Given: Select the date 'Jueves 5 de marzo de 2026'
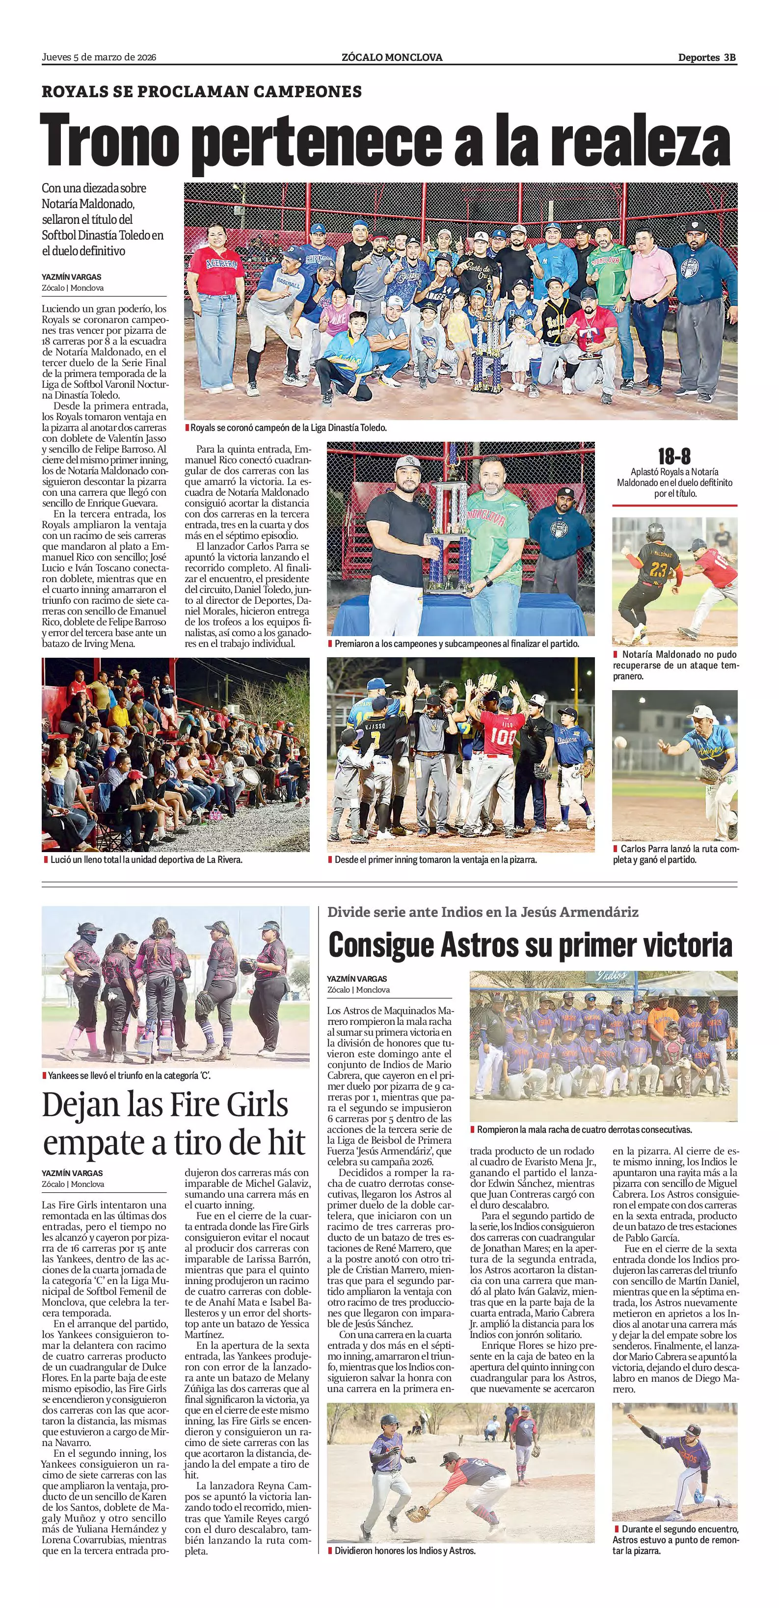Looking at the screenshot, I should (x=99, y=57).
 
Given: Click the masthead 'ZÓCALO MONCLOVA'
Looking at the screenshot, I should (x=392, y=57).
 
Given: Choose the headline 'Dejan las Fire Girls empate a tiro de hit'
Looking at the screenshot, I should (x=174, y=1124).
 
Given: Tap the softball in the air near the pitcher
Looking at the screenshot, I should (x=620, y=742).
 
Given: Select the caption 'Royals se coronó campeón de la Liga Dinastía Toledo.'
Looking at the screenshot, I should (x=288, y=428).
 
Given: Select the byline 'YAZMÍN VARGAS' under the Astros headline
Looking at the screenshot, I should (x=357, y=979).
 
